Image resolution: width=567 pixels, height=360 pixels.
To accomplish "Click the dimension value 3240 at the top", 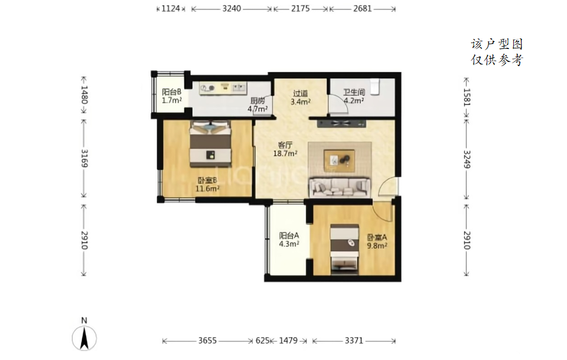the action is (232, 8).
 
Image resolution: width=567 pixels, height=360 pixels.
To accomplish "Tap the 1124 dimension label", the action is (170, 8).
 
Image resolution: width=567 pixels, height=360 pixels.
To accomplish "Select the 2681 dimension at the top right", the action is (362, 8).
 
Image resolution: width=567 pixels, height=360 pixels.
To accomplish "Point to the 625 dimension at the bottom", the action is (262, 341).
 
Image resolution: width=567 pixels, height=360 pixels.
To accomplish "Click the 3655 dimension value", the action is (207, 341).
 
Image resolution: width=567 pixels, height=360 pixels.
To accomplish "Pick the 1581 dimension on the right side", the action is (467, 97).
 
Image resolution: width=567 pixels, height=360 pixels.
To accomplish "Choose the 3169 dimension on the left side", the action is (84, 158).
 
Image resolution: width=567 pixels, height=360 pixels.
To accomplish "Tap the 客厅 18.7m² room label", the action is (285, 149).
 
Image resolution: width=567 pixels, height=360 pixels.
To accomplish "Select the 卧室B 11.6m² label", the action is (207, 184).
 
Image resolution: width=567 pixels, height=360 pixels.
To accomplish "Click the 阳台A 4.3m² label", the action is (289, 240).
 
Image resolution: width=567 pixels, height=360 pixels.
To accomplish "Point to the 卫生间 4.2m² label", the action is (354, 96).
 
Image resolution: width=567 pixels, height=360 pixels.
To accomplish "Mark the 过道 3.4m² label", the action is (300, 97).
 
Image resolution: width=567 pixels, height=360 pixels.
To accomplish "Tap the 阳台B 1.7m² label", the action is (171, 96).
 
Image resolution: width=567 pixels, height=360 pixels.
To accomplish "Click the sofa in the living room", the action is (339, 187).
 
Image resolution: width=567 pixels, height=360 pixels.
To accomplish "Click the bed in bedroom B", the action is (210, 143).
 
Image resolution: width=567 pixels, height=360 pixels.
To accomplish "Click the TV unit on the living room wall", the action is (341, 124).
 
